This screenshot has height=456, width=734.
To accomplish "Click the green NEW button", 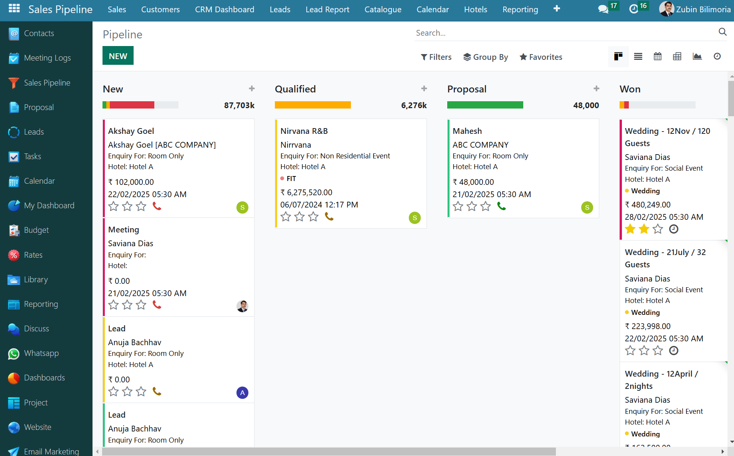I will point(118,56).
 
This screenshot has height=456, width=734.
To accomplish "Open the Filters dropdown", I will point(436,57).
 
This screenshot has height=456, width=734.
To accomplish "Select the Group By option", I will point(486,57).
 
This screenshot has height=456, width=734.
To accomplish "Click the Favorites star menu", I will point(541,57).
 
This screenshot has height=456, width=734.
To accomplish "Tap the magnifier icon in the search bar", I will point(722,32).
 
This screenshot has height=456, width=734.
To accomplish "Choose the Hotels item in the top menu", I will point(475,10).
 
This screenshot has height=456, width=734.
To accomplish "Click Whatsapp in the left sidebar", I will point(41,353).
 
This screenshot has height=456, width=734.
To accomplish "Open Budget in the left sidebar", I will point(36,230).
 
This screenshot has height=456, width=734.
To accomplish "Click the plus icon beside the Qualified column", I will point(424,89).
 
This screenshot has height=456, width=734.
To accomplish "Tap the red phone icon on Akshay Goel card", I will point(157,206).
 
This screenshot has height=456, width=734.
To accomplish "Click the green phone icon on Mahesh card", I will point(501,206).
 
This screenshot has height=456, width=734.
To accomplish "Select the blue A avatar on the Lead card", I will point(242,393).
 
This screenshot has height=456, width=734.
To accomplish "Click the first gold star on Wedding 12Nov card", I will point(630,229).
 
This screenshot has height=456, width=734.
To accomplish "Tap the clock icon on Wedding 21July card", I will point(673,351).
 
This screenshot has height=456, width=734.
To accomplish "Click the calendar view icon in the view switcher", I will point(658,57).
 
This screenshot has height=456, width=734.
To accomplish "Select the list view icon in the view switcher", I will point(638,57).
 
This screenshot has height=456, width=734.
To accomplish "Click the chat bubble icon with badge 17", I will point(603,9).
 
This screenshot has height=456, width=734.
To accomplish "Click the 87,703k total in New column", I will point(239,105).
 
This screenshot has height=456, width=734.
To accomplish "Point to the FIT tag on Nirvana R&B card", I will point(291,179).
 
